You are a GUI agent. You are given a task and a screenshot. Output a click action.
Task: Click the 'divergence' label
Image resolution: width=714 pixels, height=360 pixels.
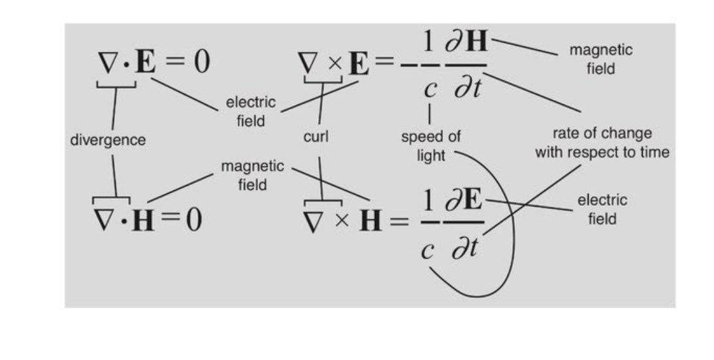[x=108, y=140]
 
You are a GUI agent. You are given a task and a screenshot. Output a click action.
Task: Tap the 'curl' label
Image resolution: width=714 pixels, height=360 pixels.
[x=316, y=137]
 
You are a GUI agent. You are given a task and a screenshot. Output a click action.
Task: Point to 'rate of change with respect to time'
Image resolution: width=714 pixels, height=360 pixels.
[x=602, y=142]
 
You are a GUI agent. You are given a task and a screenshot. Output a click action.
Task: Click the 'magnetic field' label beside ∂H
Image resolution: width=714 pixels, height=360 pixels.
[x=600, y=59]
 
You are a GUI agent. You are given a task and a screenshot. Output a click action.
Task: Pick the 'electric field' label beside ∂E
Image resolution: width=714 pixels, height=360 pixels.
[x=602, y=209]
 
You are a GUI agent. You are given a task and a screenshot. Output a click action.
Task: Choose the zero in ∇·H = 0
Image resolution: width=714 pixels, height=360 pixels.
[x=193, y=220]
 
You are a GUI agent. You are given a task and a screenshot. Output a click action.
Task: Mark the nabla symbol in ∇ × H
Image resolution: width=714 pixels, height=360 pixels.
[x=317, y=221]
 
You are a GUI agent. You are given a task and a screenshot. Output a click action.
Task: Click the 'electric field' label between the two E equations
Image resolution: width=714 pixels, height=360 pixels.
[x=251, y=111]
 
